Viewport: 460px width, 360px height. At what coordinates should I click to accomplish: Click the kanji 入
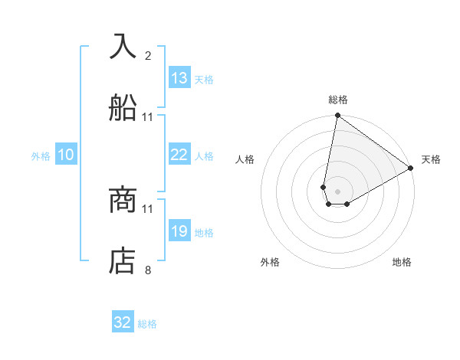coord(123,47)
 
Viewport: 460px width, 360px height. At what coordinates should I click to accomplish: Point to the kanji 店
coord(123,261)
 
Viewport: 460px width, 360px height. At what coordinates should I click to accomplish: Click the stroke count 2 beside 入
coord(148,56)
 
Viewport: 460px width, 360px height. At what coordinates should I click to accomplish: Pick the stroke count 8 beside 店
coord(148,270)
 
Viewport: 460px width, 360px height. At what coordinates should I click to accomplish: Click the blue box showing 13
coord(179,78)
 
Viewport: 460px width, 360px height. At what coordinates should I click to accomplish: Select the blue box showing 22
coord(179,155)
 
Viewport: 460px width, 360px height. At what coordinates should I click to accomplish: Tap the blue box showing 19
coord(179,231)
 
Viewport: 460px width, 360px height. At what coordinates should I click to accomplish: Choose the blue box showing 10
coord(66,155)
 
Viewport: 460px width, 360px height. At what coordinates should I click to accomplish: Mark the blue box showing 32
coord(123,322)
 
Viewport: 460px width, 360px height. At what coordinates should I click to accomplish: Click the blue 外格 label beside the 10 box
coord(41,155)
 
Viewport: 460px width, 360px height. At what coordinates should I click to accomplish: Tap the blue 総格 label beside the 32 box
coord(147,323)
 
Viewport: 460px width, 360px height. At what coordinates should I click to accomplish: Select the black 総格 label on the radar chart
coord(338,100)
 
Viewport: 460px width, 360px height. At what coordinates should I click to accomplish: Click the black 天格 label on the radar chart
coord(431,159)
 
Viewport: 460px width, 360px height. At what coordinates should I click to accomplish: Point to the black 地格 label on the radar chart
coord(402,262)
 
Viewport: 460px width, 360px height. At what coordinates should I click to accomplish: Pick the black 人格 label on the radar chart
coord(245,159)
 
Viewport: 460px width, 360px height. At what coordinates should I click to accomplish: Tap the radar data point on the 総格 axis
coord(337,116)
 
